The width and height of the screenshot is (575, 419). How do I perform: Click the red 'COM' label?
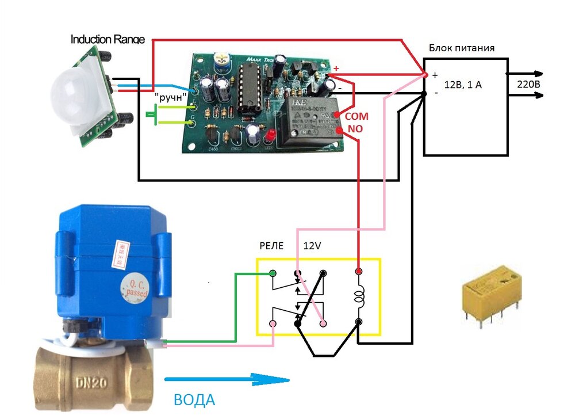point(356,116)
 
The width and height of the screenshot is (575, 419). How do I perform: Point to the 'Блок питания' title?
point(462,48)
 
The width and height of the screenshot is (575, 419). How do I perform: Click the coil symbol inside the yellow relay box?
point(360,298)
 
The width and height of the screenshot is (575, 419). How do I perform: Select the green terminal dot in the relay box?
point(272,272)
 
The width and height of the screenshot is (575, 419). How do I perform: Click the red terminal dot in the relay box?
point(359,271)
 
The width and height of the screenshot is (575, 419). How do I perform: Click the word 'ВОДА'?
point(195,399)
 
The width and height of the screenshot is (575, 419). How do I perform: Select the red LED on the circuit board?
point(269,135)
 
